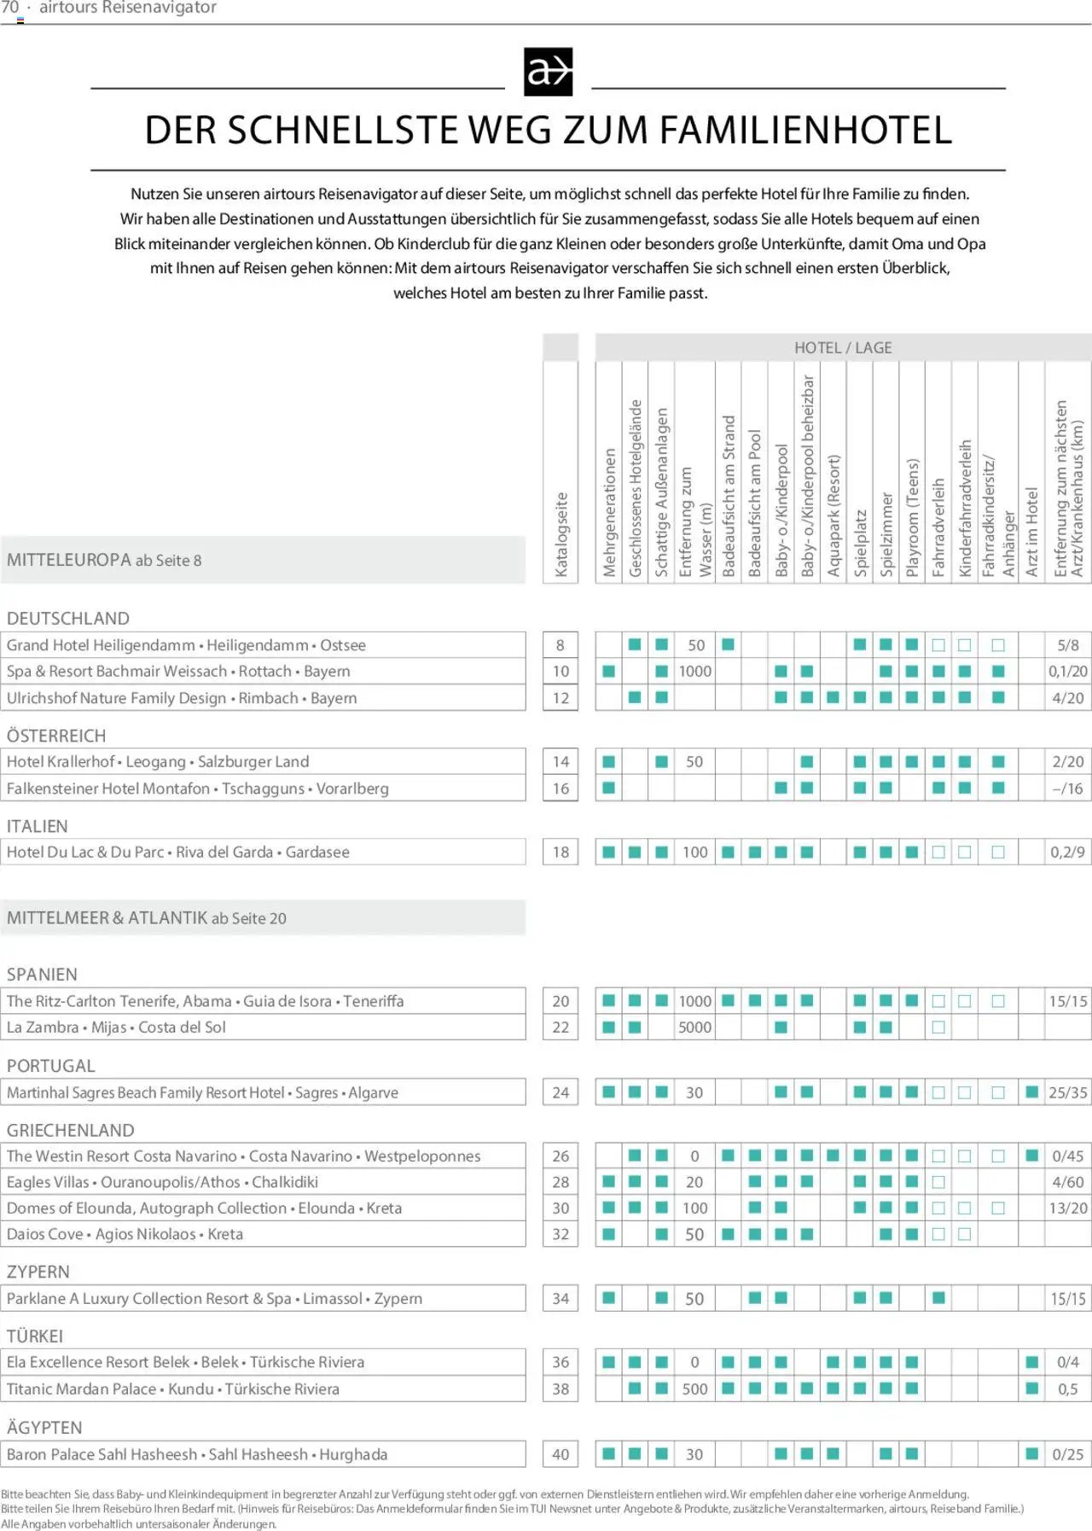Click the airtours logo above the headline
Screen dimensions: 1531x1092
click(548, 72)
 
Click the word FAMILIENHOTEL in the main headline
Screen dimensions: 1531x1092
click(805, 131)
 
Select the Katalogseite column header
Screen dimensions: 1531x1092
click(561, 535)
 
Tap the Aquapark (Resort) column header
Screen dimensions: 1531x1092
click(834, 515)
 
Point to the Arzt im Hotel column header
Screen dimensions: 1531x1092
click(1031, 532)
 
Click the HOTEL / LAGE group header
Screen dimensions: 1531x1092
click(843, 347)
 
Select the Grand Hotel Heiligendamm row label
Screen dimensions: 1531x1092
click(186, 645)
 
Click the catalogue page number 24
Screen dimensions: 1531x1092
click(561, 1092)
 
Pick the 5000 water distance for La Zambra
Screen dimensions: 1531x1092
click(694, 1027)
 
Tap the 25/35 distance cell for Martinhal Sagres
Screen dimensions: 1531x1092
click(1068, 1092)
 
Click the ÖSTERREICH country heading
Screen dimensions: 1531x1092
click(56, 736)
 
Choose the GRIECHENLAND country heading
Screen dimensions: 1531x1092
click(71, 1130)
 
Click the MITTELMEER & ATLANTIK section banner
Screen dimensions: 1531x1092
click(147, 918)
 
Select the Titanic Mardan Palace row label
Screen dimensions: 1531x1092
click(173, 1389)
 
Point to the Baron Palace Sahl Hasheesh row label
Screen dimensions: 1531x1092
click(197, 1454)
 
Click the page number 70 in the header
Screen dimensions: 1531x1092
click(10, 8)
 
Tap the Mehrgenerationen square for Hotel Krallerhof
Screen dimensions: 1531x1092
click(608, 761)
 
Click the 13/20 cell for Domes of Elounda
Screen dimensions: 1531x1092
click(1068, 1208)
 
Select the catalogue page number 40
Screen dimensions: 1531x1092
click(561, 1454)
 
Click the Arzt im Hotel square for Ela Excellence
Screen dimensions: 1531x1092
click(1031, 1362)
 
